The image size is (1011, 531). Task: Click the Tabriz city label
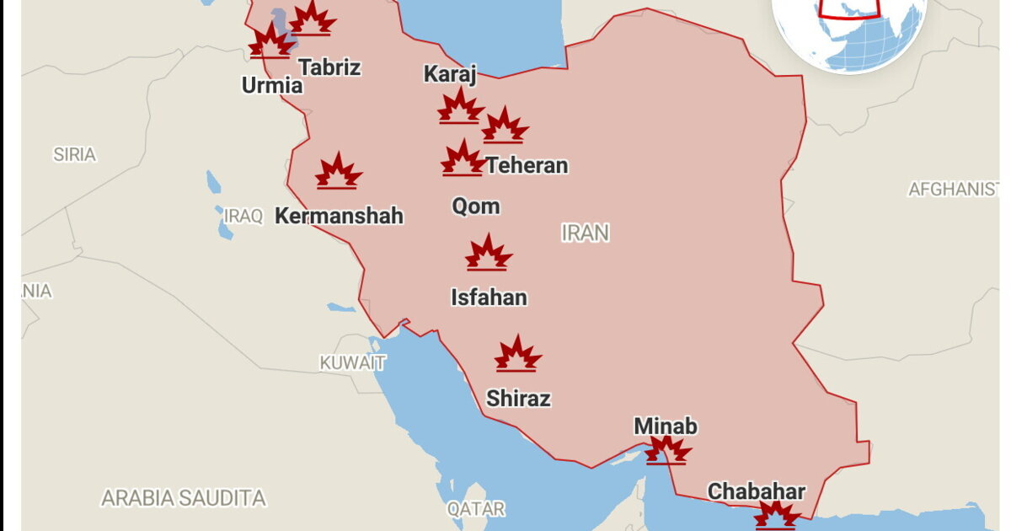[x=329, y=67]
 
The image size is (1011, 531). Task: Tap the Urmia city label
[x=271, y=85]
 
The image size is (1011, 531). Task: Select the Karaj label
[x=450, y=74]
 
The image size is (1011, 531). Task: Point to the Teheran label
[x=527, y=166]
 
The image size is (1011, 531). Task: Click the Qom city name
[x=476, y=206]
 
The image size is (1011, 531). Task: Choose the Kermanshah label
[x=339, y=217]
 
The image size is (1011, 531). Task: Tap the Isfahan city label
[x=489, y=298]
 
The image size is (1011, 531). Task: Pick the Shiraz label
[x=518, y=399]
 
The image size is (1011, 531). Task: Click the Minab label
[x=666, y=426]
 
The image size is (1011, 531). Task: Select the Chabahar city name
[x=757, y=491]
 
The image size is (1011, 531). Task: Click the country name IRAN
[x=586, y=233]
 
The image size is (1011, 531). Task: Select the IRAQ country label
[x=243, y=216]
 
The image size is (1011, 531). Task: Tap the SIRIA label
[x=74, y=155]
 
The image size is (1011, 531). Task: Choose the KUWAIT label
[x=352, y=363]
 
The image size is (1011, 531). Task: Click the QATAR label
[x=476, y=509]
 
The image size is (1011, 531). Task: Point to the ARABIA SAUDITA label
[x=184, y=498]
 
